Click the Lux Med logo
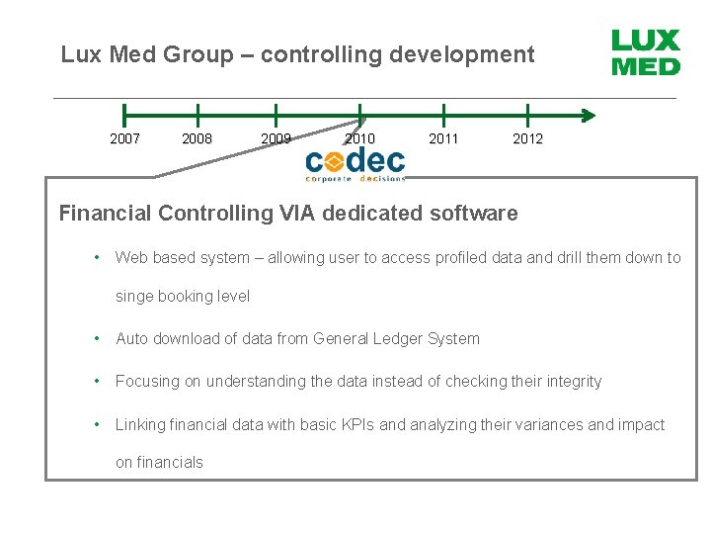point(646,53)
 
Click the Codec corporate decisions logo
point(355,163)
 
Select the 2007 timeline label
point(124,138)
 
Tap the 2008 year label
point(197,138)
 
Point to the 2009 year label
point(276,138)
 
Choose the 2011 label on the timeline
point(443,138)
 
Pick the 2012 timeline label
point(527,138)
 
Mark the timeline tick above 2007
point(124,115)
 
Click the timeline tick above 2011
point(443,115)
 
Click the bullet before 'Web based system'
point(97,257)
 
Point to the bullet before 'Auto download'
point(97,338)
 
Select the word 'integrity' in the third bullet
point(570,381)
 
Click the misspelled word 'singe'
point(134,296)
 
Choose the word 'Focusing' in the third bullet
point(146,381)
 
